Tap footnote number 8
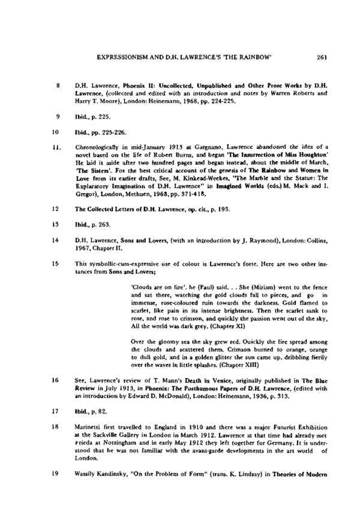56,86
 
